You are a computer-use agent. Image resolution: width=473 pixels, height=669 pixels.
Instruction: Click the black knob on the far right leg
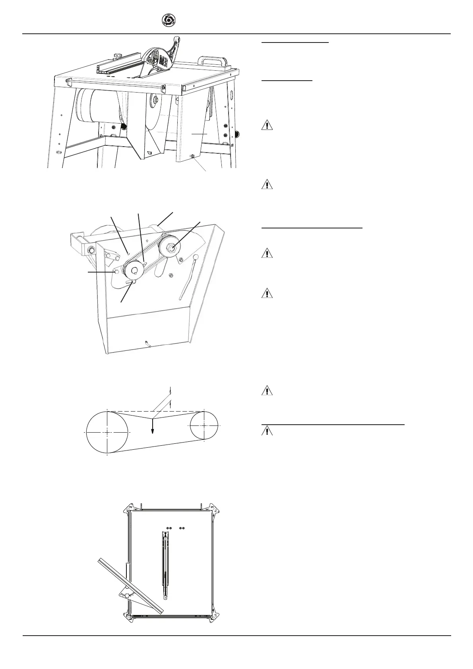238,134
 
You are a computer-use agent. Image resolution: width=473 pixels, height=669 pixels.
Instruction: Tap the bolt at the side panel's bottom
192,157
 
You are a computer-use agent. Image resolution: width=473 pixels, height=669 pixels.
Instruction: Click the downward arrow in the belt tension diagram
153,427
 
